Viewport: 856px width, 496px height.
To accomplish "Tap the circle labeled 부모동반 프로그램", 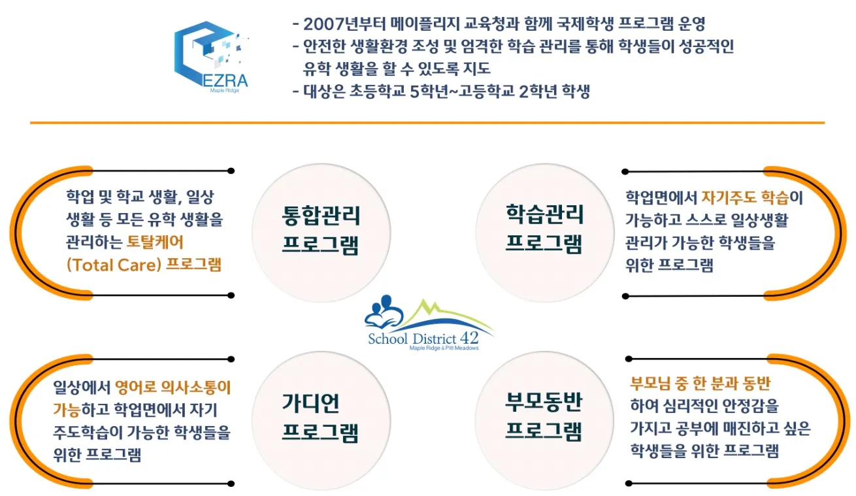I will point(544,418).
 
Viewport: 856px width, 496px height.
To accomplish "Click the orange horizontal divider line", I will point(427,122).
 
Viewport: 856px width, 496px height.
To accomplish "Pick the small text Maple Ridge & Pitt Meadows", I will point(444,349).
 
